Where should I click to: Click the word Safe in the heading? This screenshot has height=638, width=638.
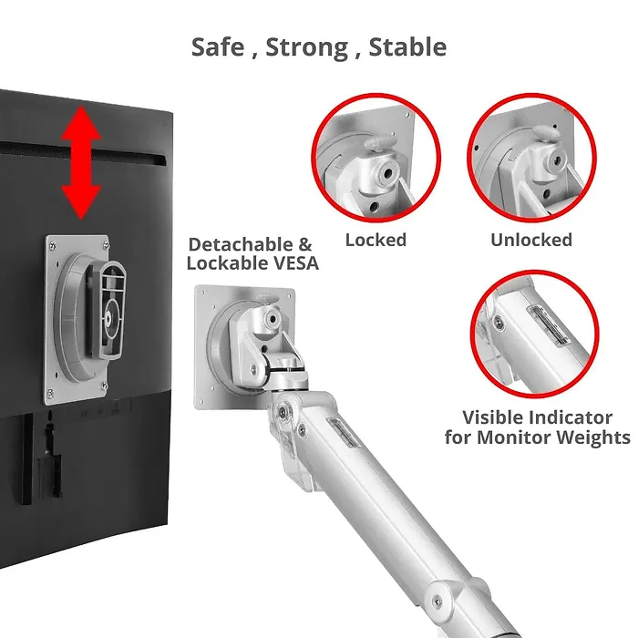[x=218, y=46]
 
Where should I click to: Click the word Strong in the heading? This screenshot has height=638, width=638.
[x=307, y=47]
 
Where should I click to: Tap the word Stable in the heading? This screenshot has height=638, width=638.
[x=407, y=46]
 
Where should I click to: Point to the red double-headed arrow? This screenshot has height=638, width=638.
[x=81, y=163]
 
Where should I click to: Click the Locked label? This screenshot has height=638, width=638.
[x=376, y=240]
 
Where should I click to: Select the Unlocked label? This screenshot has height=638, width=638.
[x=531, y=240]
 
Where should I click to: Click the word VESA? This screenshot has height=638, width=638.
[x=296, y=262]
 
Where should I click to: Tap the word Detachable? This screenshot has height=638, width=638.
[x=241, y=244]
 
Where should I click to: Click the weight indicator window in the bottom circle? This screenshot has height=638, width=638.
[x=548, y=326]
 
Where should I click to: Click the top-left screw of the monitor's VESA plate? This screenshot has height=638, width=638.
[x=52, y=245]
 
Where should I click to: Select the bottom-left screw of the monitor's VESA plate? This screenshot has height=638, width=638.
[x=50, y=393]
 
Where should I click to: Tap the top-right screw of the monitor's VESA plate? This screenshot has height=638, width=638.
[x=106, y=245]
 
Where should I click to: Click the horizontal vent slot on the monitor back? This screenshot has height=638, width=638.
[x=84, y=154]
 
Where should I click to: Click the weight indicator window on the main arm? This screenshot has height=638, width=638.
[x=343, y=434]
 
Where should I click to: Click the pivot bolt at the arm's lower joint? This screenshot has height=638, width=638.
[x=437, y=601]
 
